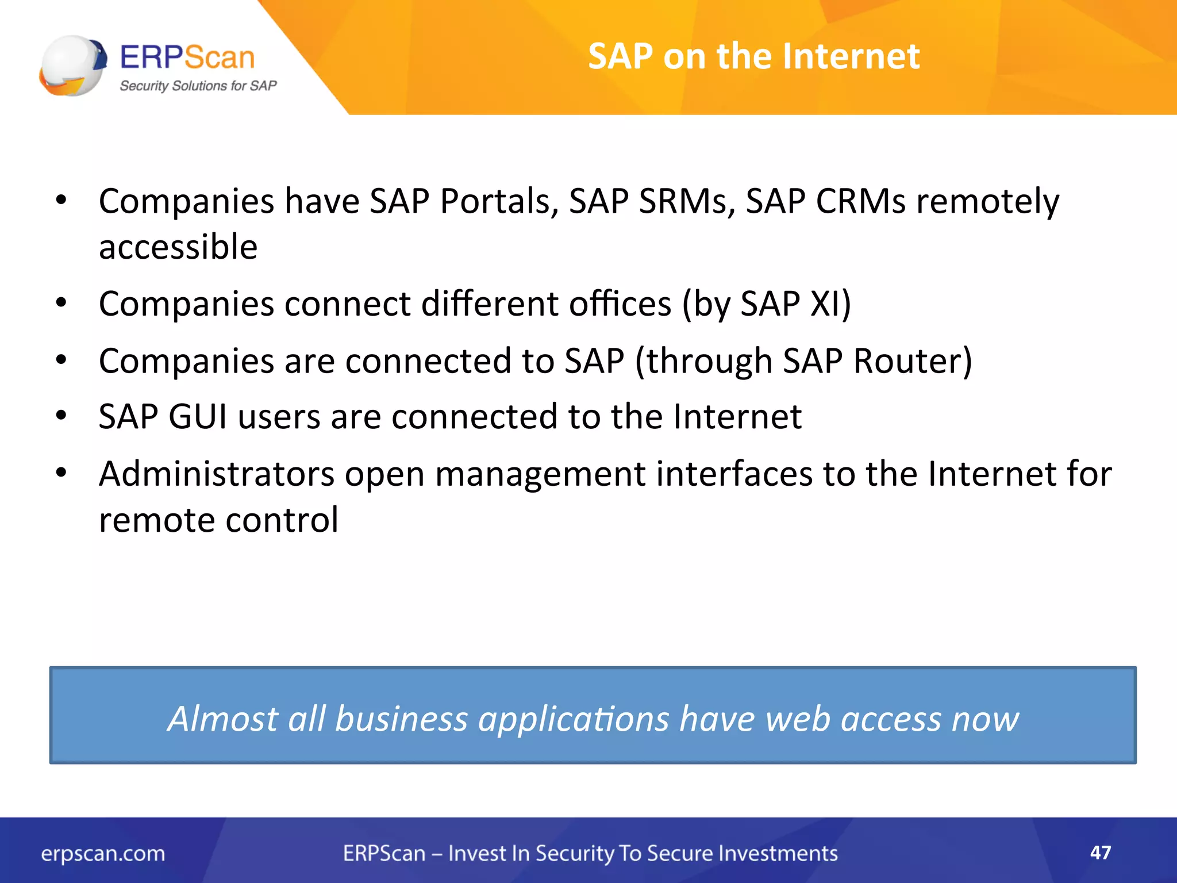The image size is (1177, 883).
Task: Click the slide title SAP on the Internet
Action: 753,56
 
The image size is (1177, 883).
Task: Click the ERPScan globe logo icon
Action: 73,65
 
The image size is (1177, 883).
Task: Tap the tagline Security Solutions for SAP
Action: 198,86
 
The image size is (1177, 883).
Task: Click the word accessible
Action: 178,247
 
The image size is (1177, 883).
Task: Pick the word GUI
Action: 197,416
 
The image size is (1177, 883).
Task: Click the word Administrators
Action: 217,474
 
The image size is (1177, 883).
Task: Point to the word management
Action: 540,475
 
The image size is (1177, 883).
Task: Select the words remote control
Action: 218,520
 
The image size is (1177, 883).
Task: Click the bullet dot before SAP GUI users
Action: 61,415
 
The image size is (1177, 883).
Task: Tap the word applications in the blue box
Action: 574,719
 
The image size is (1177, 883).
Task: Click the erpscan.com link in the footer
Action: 103,854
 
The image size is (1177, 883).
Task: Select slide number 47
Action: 1100,853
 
